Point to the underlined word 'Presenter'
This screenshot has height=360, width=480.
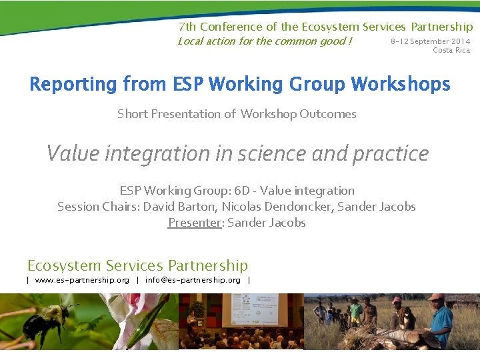[194, 223]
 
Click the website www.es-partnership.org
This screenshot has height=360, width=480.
[82, 280]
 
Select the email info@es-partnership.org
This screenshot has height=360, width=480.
[193, 280]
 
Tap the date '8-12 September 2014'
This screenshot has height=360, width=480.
[430, 41]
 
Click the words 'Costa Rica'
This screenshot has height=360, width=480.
[451, 50]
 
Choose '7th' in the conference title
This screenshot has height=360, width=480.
[187, 27]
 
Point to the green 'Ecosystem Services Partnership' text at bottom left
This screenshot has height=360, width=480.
[137, 265]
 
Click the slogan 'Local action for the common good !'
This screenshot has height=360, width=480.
[265, 41]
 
